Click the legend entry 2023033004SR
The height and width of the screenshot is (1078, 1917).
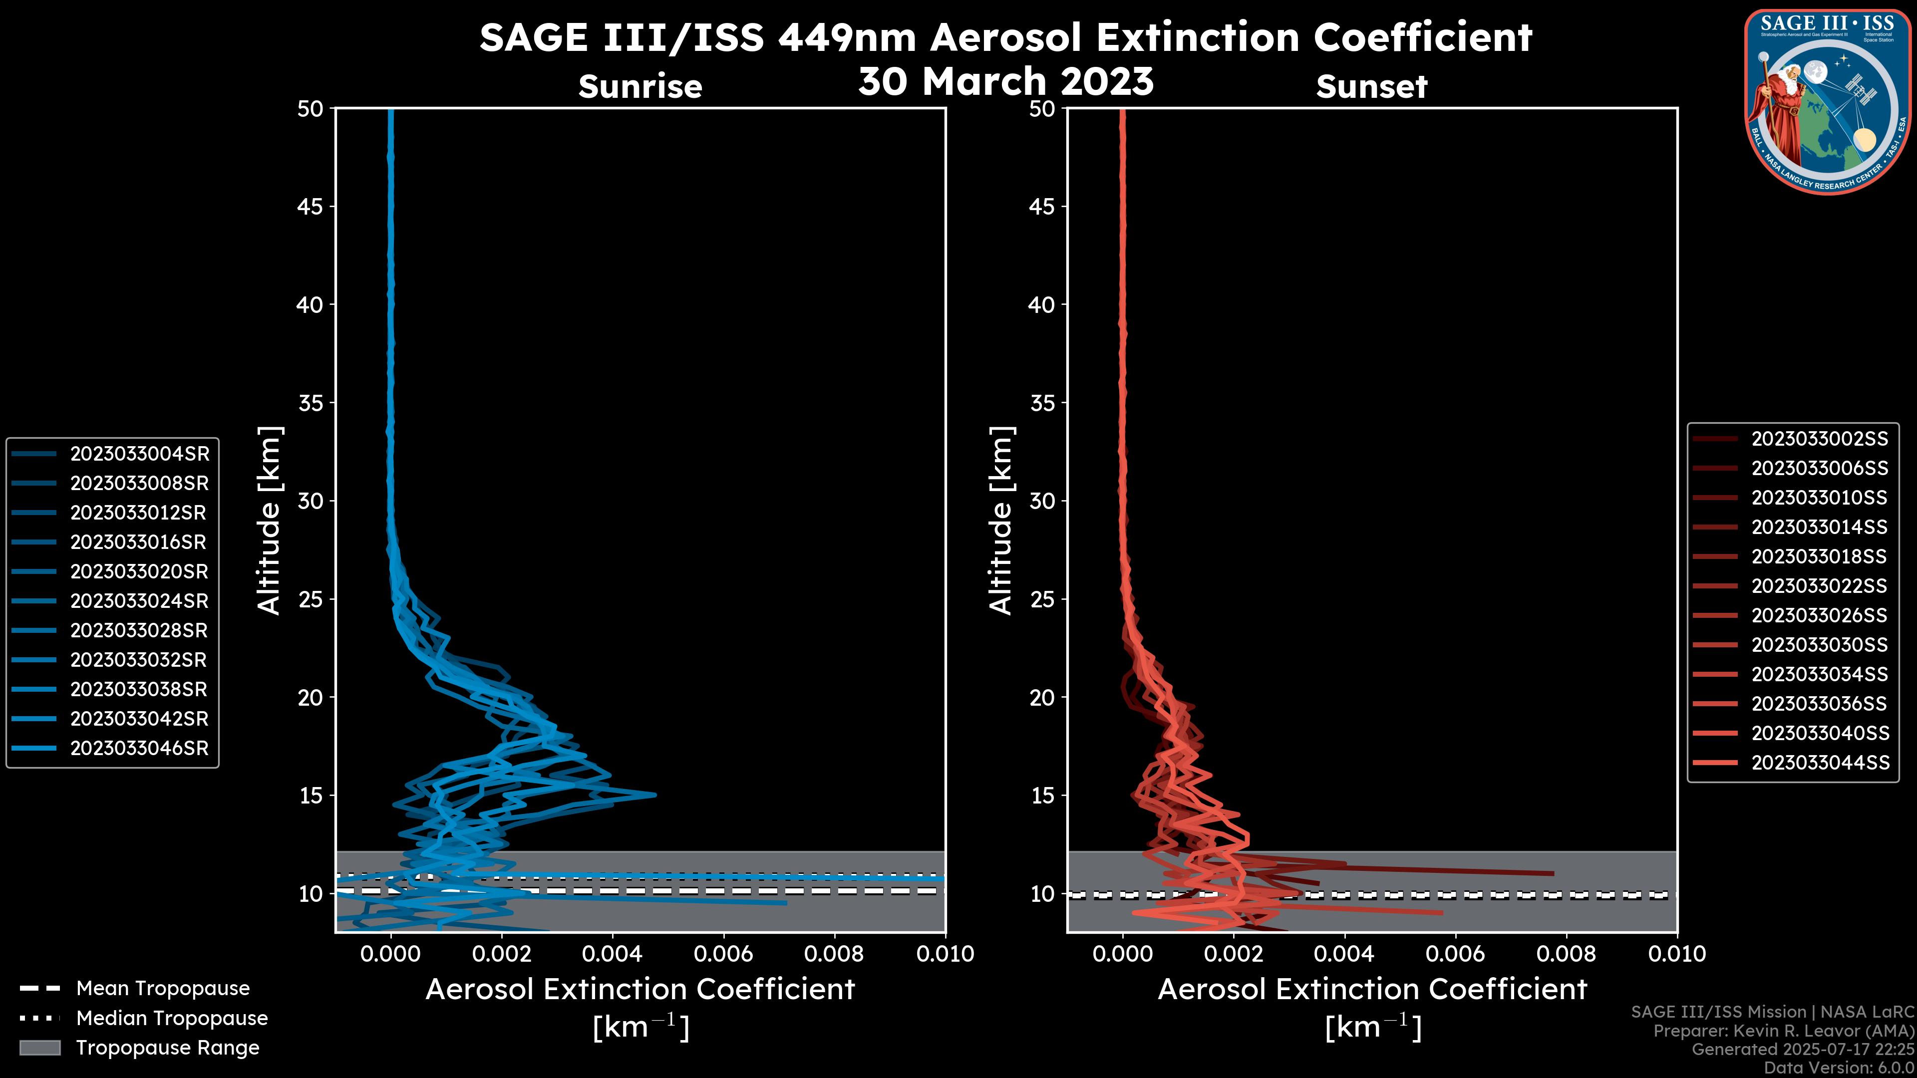point(139,454)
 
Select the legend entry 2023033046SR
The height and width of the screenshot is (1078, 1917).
point(139,749)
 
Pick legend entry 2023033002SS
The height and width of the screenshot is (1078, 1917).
point(1820,439)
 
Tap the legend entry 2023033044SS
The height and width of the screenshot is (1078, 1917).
point(1820,763)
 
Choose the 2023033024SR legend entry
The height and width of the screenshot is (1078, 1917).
point(139,601)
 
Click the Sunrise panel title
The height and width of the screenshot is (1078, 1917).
point(640,86)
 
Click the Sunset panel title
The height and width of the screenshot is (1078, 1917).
point(1371,86)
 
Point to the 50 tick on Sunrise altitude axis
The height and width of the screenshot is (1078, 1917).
point(311,109)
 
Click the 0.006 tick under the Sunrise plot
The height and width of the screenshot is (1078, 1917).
point(723,954)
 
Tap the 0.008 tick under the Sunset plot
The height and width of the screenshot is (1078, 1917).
point(1567,954)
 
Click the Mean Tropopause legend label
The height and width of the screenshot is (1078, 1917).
point(163,989)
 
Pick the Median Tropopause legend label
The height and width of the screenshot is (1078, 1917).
point(172,1019)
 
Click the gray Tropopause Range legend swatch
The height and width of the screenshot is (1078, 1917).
point(39,1048)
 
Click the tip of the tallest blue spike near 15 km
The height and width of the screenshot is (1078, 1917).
point(655,795)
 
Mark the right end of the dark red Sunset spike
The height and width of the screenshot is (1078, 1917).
point(1553,873)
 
